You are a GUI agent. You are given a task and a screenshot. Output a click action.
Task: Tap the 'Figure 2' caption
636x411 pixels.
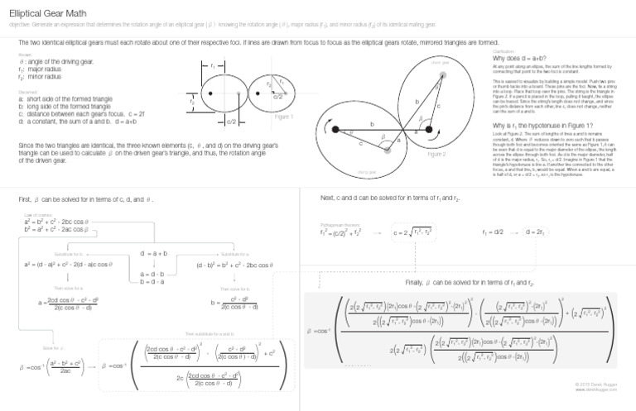pyautogui.click(x=436, y=155)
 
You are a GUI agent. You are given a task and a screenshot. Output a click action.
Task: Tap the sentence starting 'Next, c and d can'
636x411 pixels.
pyautogui.click(x=389, y=198)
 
